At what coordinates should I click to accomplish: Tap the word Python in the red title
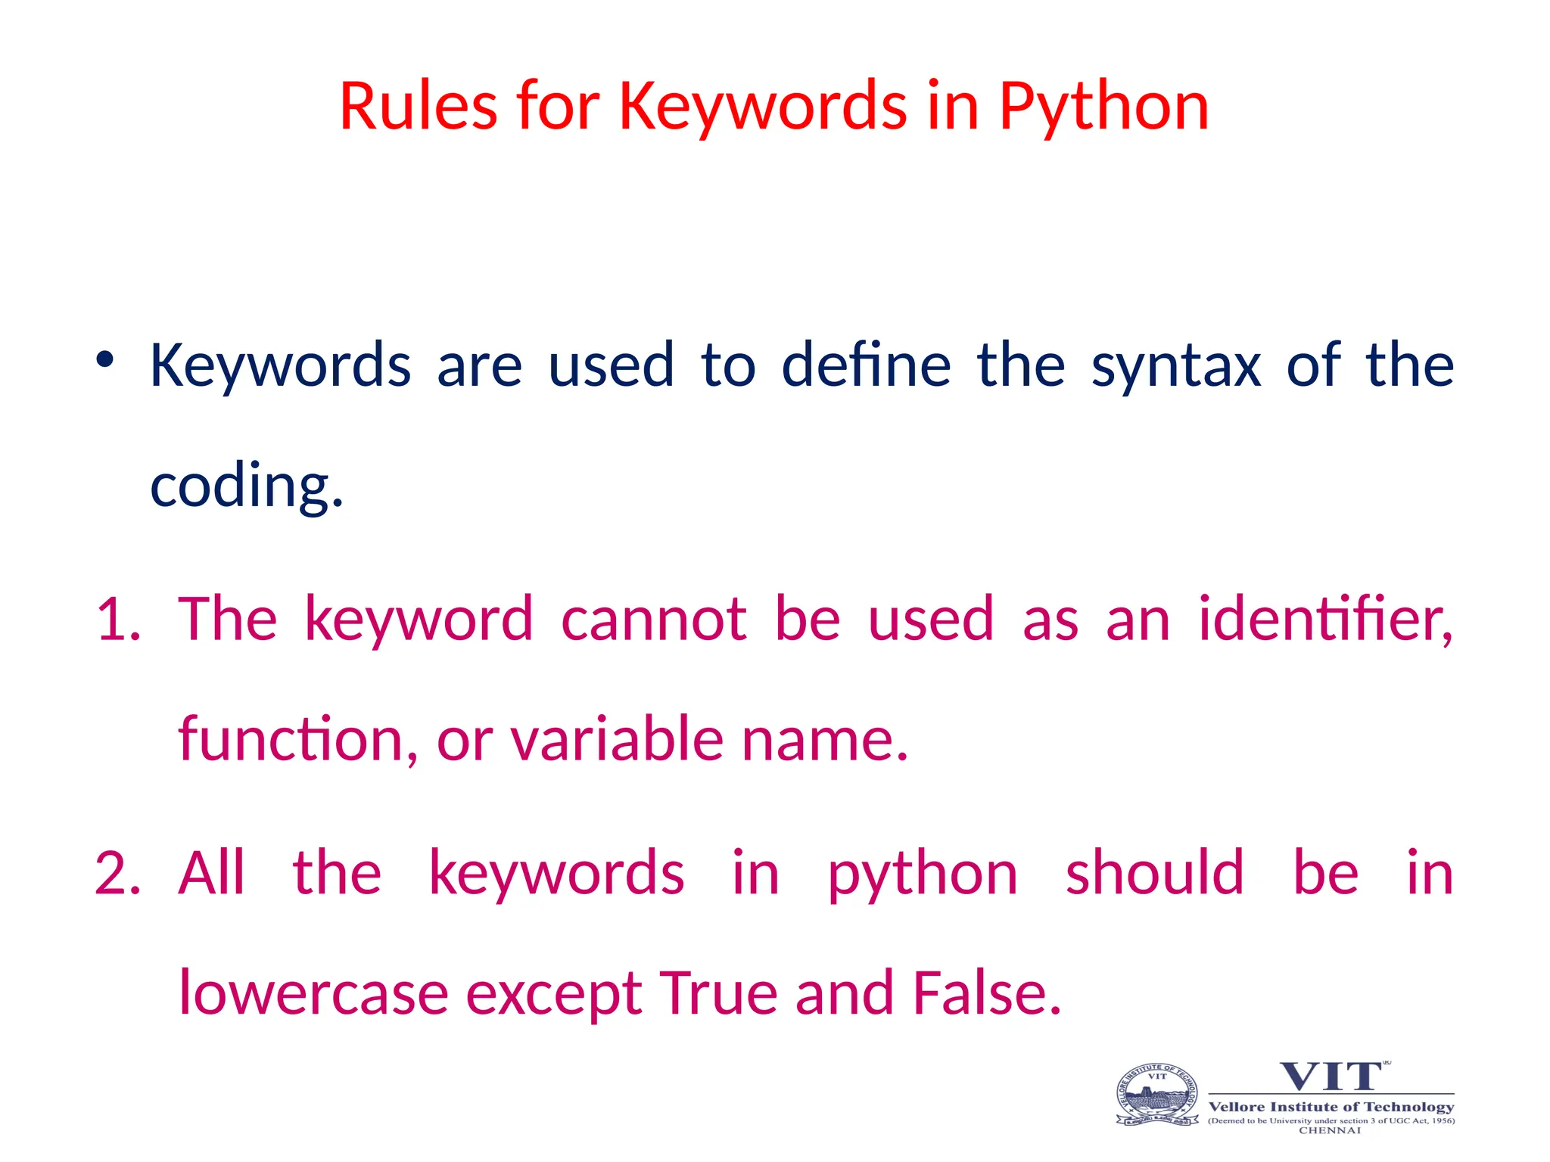[x=1103, y=107]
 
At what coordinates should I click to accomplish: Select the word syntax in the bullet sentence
[x=1175, y=366]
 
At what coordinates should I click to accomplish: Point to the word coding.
[x=247, y=486]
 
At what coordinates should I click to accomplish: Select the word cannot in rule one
[x=654, y=619]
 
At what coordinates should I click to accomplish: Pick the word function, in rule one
[x=297, y=739]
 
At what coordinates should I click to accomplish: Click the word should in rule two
[x=1154, y=873]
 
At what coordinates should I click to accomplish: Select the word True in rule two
[x=718, y=993]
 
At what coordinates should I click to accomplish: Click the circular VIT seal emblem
[x=1157, y=1095]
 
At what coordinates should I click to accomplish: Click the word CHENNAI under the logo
[x=1330, y=1131]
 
